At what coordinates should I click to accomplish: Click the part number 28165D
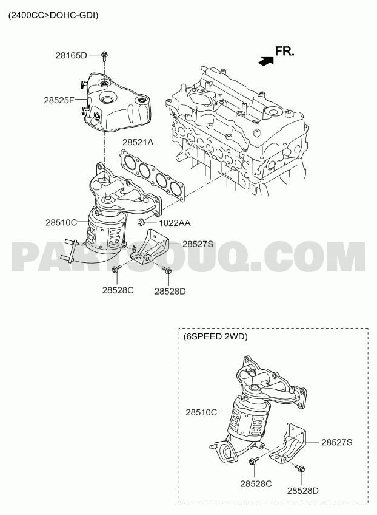(x=71, y=55)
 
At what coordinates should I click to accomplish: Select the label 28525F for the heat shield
(x=59, y=100)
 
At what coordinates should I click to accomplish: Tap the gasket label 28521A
(x=138, y=142)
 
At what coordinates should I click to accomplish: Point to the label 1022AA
(x=175, y=223)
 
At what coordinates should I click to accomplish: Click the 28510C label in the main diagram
(x=61, y=223)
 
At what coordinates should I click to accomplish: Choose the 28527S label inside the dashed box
(x=336, y=442)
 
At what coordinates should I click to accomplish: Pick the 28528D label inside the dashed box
(x=303, y=491)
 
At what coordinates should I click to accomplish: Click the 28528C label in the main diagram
(x=118, y=290)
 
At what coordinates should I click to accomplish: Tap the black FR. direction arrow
(x=266, y=61)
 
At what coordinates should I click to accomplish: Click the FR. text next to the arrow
(x=284, y=51)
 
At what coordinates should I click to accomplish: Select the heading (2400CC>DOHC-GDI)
(x=53, y=15)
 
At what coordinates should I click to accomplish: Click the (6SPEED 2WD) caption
(x=215, y=336)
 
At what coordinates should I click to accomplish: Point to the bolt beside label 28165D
(x=104, y=56)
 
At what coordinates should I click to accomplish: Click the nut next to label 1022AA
(x=141, y=222)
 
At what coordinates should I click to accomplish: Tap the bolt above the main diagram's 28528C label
(x=116, y=268)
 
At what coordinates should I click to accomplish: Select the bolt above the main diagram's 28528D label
(x=167, y=270)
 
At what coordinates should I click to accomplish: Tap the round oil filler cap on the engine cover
(x=273, y=112)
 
